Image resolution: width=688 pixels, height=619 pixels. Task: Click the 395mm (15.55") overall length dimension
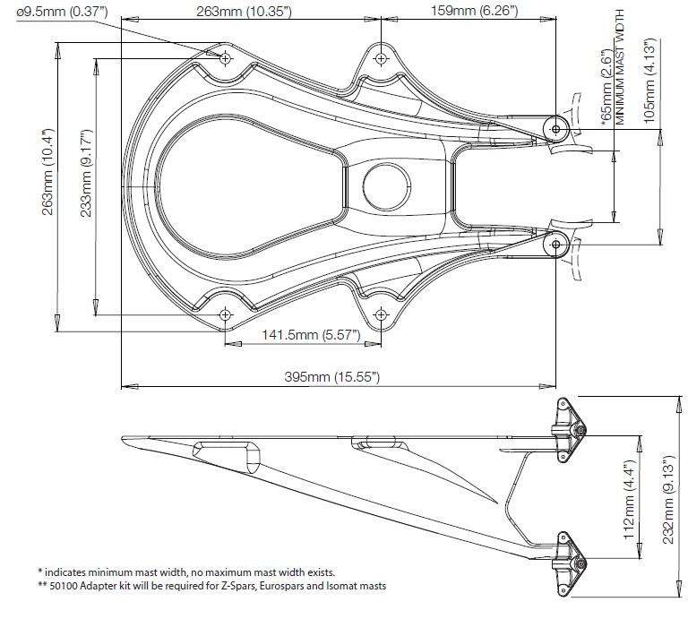(x=332, y=377)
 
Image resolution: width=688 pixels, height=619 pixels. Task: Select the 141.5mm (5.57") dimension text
(x=311, y=335)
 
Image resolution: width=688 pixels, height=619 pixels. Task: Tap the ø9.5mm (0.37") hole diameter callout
(x=62, y=12)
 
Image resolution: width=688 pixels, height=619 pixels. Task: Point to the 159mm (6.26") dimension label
(x=474, y=11)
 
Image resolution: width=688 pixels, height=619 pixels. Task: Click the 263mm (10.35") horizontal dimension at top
(x=244, y=12)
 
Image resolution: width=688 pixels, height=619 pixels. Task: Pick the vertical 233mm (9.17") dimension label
(x=86, y=173)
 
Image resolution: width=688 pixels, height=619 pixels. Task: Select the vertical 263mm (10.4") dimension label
(x=47, y=171)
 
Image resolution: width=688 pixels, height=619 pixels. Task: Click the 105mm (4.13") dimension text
(x=649, y=81)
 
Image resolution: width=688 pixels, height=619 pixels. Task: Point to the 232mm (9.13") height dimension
(x=667, y=500)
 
